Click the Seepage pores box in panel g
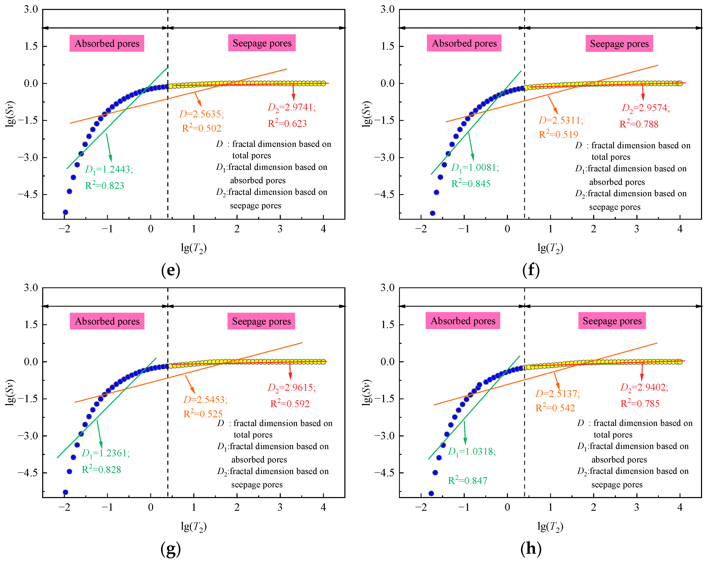(x=261, y=321)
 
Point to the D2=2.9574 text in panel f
(x=646, y=108)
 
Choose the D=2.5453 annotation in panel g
(x=205, y=399)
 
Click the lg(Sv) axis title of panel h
(x=367, y=393)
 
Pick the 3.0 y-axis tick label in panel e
(x=31, y=9)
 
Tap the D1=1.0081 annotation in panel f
(x=475, y=168)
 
